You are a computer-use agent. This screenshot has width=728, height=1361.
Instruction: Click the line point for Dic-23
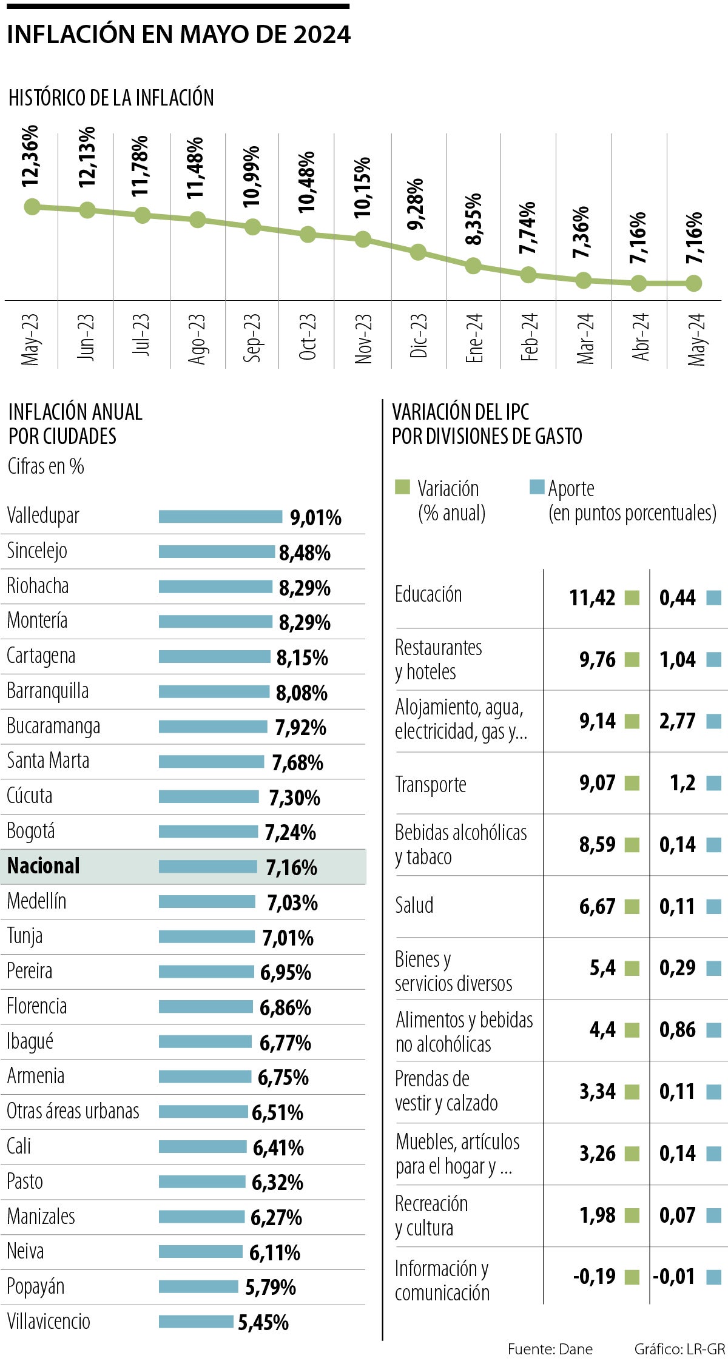tap(418, 252)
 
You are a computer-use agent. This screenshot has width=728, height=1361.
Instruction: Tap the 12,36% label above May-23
tap(30, 156)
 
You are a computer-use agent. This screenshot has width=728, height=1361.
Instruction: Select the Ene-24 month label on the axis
tap(474, 338)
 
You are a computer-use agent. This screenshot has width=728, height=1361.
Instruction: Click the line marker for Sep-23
tap(252, 227)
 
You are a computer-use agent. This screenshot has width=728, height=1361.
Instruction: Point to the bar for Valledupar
tap(220, 517)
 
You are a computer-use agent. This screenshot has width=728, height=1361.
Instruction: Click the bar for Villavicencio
tap(196, 1321)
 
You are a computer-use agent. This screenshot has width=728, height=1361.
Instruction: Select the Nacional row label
tap(43, 866)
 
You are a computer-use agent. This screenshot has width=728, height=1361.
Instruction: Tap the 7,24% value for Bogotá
tap(290, 833)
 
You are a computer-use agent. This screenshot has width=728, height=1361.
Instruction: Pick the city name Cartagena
tap(41, 656)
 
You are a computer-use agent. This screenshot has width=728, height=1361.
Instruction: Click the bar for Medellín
tap(207, 902)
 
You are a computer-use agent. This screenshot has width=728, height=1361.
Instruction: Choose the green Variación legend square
tap(402, 487)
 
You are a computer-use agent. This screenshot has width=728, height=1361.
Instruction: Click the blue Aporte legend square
tap(536, 487)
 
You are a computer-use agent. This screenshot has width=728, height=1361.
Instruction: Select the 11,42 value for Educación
tap(592, 598)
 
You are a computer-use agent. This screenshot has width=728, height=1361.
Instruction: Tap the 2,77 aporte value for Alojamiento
tap(677, 721)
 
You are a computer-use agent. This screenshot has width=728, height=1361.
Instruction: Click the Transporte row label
tap(431, 785)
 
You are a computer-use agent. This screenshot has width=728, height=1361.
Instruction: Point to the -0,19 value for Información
tap(594, 1277)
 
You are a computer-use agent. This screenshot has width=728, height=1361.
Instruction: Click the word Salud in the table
tap(414, 906)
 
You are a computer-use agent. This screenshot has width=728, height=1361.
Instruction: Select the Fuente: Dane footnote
tap(550, 1349)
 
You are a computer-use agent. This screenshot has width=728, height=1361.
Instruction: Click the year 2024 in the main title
tap(322, 35)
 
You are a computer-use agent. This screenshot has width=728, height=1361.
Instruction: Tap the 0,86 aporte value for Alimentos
tap(677, 1030)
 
